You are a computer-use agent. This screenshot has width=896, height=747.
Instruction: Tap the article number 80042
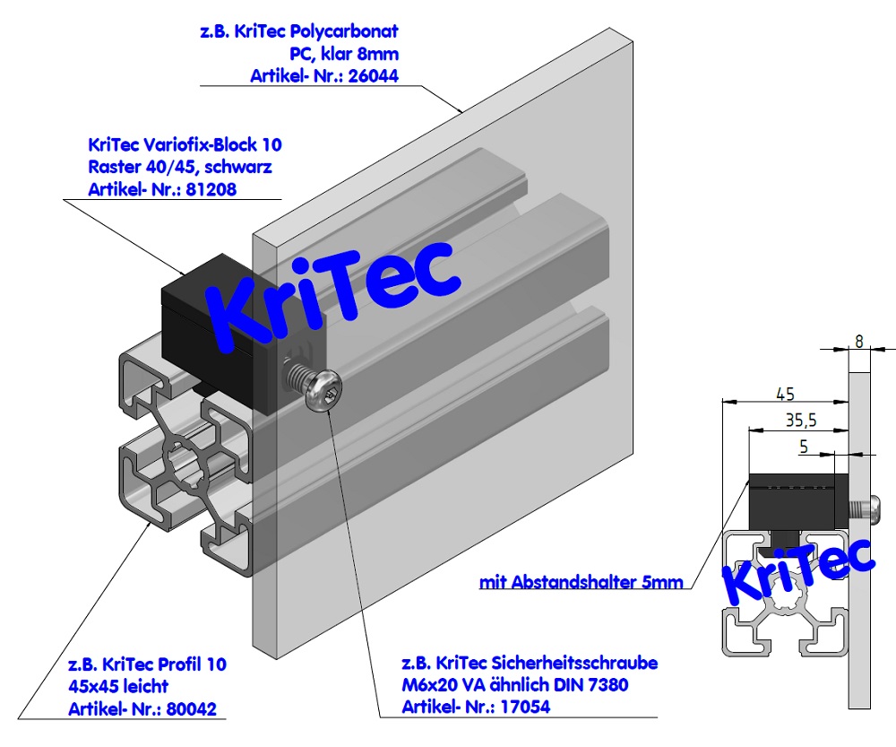pos(192,709)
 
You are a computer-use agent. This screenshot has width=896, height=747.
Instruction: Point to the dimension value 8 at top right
pos(859,341)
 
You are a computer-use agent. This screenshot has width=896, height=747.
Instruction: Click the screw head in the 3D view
pos(322,392)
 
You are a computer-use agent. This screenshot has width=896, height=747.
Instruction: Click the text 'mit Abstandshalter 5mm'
pos(582,582)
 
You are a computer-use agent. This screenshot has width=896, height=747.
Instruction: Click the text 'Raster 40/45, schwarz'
pos(180,167)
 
